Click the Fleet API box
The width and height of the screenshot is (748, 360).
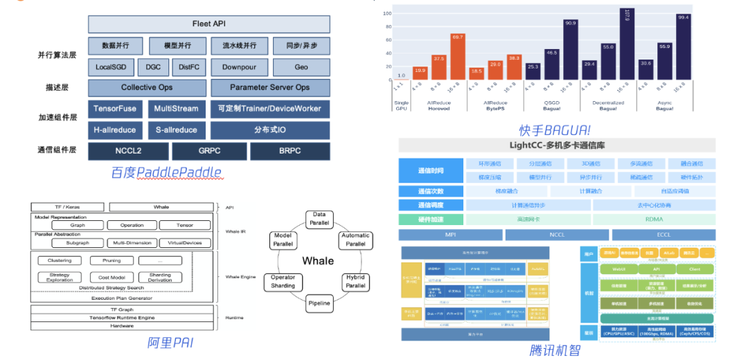click(x=209, y=24)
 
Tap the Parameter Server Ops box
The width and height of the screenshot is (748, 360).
click(x=270, y=88)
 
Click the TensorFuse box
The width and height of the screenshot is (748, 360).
click(x=116, y=109)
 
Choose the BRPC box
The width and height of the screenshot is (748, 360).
click(x=290, y=151)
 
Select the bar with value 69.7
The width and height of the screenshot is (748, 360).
click(x=457, y=57)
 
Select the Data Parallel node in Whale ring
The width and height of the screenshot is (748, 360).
click(x=319, y=219)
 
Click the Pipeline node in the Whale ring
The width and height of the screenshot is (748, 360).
click(x=319, y=303)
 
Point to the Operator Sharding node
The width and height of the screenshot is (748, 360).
click(x=283, y=281)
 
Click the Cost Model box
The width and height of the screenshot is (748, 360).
click(x=112, y=276)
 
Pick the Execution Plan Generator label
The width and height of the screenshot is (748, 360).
click(x=112, y=298)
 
